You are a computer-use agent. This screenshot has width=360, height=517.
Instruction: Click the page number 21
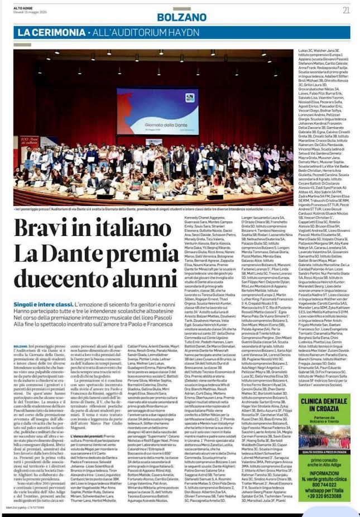346,9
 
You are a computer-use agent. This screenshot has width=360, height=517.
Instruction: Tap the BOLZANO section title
174,17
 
